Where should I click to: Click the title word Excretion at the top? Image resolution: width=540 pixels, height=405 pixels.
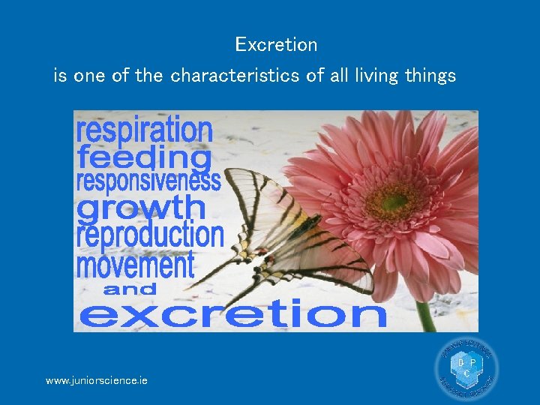click(x=276, y=45)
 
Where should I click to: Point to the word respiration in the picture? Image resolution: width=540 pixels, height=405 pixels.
click(x=144, y=130)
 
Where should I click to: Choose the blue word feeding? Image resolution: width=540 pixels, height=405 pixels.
click(x=144, y=158)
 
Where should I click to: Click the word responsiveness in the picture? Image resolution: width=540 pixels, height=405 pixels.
click(x=148, y=181)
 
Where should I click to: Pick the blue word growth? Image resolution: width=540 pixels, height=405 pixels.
click(x=141, y=208)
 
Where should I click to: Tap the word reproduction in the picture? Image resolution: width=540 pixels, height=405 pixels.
click(x=150, y=235)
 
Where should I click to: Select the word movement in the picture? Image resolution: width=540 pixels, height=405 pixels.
click(x=135, y=265)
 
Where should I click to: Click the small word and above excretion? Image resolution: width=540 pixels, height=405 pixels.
click(x=130, y=289)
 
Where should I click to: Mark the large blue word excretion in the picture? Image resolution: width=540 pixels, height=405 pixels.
click(x=232, y=313)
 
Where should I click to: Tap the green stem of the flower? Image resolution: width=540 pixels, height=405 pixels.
click(x=425, y=315)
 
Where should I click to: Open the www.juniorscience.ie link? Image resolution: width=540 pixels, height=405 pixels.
click(x=97, y=381)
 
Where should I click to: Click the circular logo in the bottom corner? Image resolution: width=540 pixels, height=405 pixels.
click(x=466, y=370)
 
